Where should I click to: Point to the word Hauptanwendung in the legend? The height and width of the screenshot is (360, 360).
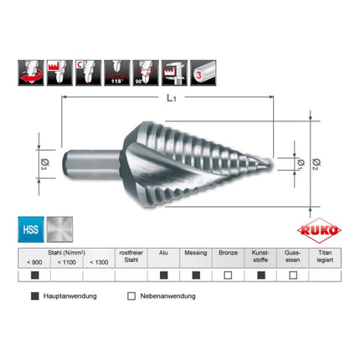click(71, 296)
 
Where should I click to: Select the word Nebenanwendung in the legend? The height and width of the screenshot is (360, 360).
click(167, 296)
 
